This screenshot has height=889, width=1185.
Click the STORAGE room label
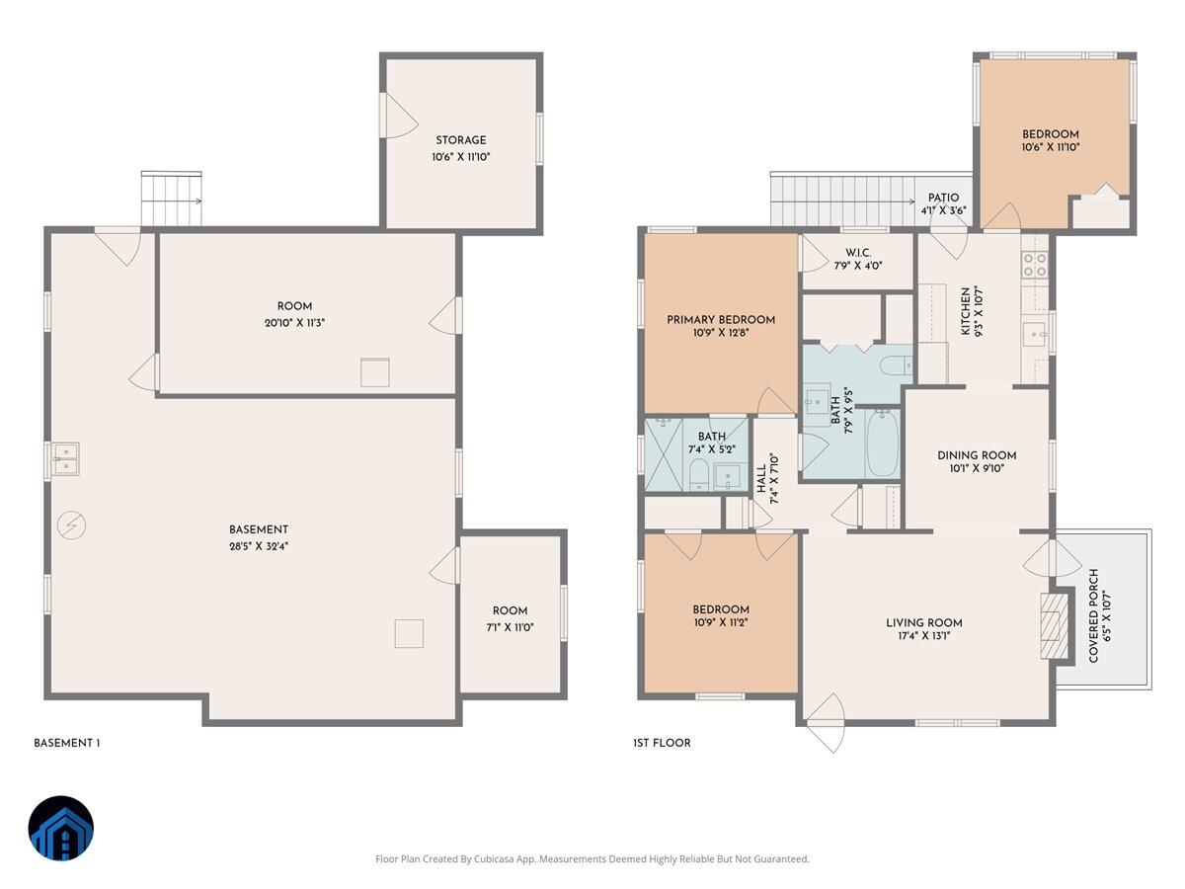pos(461,140)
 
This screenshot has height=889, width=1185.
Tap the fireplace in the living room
pos(1056,625)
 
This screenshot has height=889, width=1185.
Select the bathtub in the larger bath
pos(882,444)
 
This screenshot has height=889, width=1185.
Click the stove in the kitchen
pos(1034,264)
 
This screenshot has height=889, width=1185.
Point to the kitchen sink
pos(1035,334)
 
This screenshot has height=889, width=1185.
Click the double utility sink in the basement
pos(67,459)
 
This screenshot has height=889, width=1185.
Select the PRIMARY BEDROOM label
pos(721,319)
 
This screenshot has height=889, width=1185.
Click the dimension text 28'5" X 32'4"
pos(259,545)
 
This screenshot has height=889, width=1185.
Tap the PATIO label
pos(943,198)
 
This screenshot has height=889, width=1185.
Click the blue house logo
pos(60,829)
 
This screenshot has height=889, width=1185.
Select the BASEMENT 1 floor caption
pos(67,743)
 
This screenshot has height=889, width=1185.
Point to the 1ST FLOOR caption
pos(662,743)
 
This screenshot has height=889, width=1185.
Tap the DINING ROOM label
pos(977,455)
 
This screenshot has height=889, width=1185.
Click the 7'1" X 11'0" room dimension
pos(511,626)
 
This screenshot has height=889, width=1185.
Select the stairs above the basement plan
pos(172,199)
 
